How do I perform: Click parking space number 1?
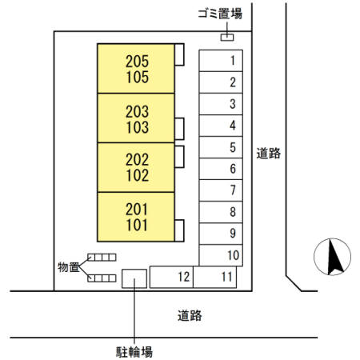pyautogui.click(x=221, y=61)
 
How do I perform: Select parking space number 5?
pyautogui.click(x=221, y=147)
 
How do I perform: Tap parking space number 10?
pyautogui.click(x=221, y=255)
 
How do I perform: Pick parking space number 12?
pyautogui.click(x=171, y=277)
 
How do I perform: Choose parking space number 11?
pyautogui.click(x=215, y=277)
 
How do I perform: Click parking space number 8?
pyautogui.click(x=221, y=212)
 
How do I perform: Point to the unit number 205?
pyautogui.click(x=137, y=62)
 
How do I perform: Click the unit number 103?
pyautogui.click(x=137, y=127)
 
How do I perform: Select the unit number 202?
pyautogui.click(x=137, y=159)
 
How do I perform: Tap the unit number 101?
pyautogui.click(x=137, y=225)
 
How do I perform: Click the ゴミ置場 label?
pyautogui.click(x=220, y=14)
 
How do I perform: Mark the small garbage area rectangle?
pyautogui.click(x=227, y=38)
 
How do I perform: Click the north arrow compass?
pyautogui.click(x=332, y=257)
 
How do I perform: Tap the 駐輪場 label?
pyautogui.click(x=134, y=352)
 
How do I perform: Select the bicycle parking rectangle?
pyautogui.click(x=134, y=278)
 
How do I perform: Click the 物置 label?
pyautogui.click(x=68, y=267)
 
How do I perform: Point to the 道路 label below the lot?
pyautogui.click(x=190, y=315)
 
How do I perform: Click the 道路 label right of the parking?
pyautogui.click(x=269, y=154)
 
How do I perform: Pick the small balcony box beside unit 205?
pyautogui.click(x=179, y=54)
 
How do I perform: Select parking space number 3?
pyautogui.click(x=221, y=104)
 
